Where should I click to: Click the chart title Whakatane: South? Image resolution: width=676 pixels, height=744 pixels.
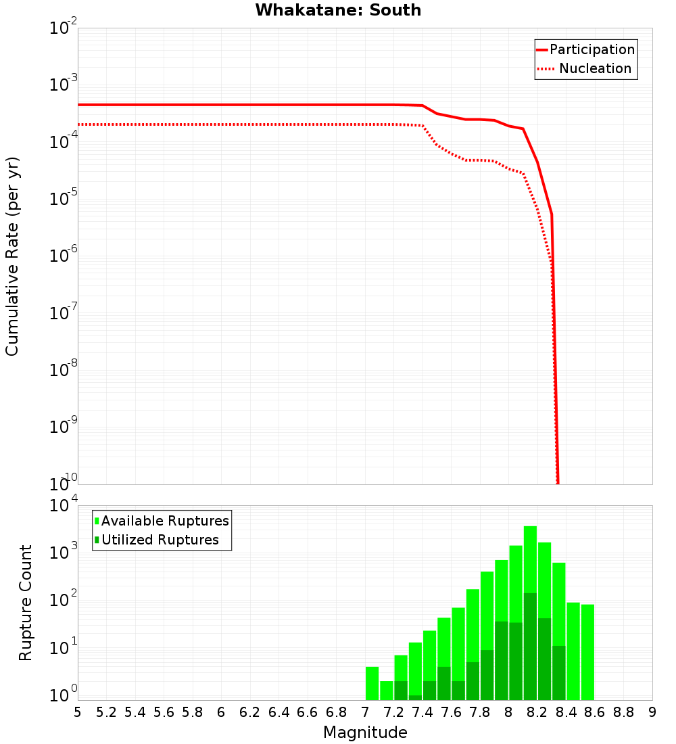[x=338, y=10]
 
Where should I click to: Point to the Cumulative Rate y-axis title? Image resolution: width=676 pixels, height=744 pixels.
[x=12, y=256]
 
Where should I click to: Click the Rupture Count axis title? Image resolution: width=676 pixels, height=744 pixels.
[x=26, y=602]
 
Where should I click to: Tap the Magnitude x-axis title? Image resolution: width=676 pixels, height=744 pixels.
[x=365, y=732]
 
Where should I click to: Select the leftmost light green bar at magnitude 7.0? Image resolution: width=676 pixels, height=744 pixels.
[x=372, y=683]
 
